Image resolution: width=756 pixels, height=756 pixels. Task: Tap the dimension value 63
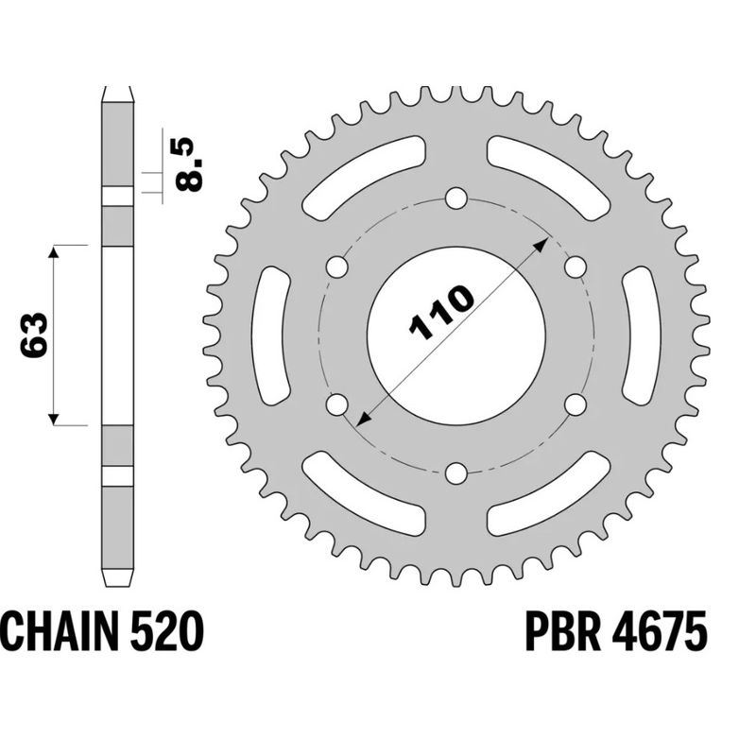click(x=33, y=335)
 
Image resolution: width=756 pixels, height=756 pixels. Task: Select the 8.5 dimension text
click(x=187, y=164)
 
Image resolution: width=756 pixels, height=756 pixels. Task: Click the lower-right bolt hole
click(x=574, y=404)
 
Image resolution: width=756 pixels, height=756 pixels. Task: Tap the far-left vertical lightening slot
click(x=273, y=335)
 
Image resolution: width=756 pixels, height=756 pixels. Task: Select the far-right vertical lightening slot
click(x=638, y=335)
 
